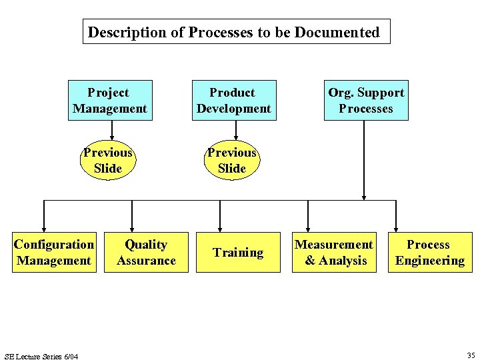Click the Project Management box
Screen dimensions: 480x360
click(x=110, y=101)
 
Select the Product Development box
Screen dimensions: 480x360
click(x=233, y=101)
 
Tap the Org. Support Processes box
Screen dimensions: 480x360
click(x=366, y=101)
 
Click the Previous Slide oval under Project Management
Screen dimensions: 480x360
click(x=108, y=161)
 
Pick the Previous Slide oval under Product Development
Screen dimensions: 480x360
click(x=232, y=161)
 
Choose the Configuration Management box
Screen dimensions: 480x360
click(x=54, y=252)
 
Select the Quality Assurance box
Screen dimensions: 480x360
click(x=146, y=252)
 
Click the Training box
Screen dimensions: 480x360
click(x=238, y=252)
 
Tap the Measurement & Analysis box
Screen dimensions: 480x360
click(x=334, y=252)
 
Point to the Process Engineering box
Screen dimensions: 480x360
click(x=429, y=252)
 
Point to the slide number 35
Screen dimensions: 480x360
click(x=471, y=355)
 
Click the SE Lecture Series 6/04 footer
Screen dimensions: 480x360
click(x=41, y=356)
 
